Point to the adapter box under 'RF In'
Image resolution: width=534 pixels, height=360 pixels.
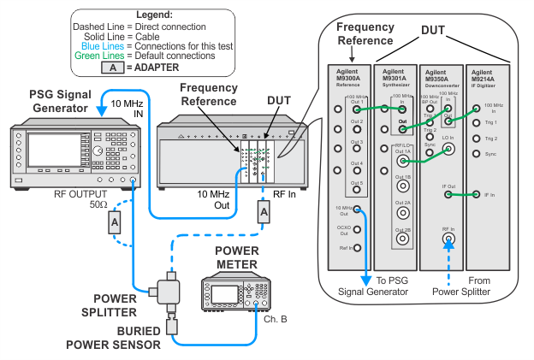[x=264, y=214]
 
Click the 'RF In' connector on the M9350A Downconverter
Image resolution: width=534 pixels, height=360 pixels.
[x=448, y=240]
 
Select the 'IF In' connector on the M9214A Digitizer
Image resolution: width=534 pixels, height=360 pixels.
[x=477, y=195]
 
